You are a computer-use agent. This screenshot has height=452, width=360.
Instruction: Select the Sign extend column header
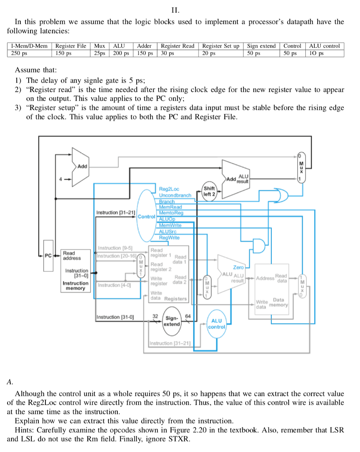pos(261,46)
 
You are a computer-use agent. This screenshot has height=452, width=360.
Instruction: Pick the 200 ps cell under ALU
pos(121,53)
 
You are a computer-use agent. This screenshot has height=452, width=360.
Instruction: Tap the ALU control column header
pos(324,46)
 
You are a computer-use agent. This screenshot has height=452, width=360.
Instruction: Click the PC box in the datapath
pos(48,255)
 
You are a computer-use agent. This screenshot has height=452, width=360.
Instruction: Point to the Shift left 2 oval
pos(210,192)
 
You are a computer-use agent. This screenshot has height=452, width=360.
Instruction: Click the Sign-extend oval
pos(172,321)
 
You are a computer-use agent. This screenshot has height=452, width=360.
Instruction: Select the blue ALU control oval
pos(217,324)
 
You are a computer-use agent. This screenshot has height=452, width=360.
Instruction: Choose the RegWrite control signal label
pos(169,237)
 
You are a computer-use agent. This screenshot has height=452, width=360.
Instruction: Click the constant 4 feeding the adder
pos(62,179)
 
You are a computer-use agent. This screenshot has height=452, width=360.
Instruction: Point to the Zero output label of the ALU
pos(238,267)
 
